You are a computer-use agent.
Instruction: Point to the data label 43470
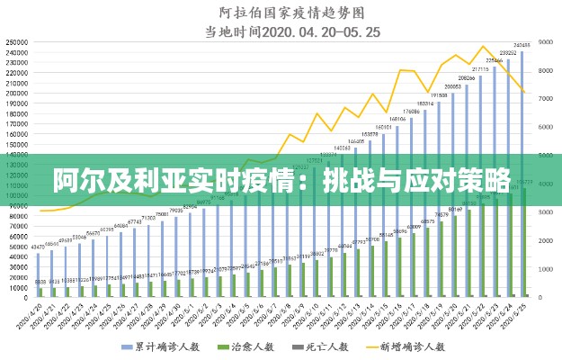(x=39, y=247)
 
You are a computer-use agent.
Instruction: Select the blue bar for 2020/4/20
(x=39, y=274)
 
